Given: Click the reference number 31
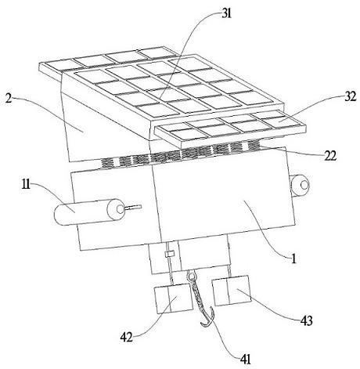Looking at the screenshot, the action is click(226, 14).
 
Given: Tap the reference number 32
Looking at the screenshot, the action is click(351, 97).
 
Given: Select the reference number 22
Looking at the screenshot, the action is click(330, 156).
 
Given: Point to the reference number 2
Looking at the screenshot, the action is click(9, 99).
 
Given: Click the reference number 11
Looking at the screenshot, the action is click(26, 186).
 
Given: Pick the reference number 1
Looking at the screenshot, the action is click(293, 259).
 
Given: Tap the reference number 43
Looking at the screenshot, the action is click(307, 320).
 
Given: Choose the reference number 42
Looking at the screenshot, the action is click(127, 337).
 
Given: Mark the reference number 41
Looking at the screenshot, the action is click(245, 359).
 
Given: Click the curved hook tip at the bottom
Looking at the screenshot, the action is click(203, 324).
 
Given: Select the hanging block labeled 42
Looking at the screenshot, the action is click(174, 298).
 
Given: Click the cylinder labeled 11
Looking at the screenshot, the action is click(89, 212).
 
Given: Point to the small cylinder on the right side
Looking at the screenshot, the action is click(300, 186).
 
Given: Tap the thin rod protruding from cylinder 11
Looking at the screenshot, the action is click(133, 208).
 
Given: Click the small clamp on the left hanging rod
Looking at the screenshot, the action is click(170, 254).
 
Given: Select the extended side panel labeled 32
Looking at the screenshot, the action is click(229, 128).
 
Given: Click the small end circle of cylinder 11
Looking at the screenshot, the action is click(121, 209).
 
